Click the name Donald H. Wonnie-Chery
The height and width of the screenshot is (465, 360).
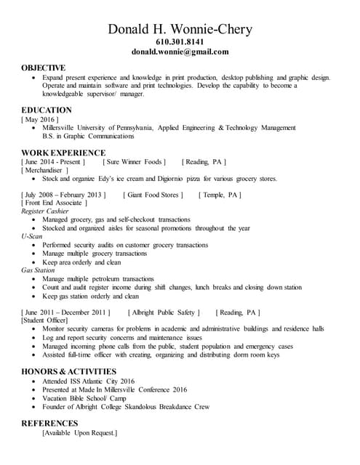(180, 29)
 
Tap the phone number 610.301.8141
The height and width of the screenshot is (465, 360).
(180, 43)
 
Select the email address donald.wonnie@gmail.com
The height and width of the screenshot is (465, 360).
(180, 52)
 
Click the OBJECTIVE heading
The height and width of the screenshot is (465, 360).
(43, 68)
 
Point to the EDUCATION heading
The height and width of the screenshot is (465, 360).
(46, 110)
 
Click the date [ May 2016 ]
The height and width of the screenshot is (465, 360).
(41, 118)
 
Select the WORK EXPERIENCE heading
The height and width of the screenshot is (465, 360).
(63, 153)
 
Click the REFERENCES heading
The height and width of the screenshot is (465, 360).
(49, 423)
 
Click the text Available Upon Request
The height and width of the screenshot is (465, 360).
(79, 432)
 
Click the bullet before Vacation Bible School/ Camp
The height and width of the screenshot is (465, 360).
(35, 397)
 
